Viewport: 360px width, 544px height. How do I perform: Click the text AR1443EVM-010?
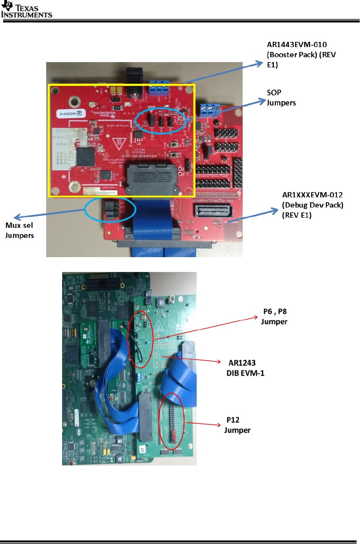[297, 45]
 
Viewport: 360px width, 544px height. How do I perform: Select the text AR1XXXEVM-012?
[312, 195]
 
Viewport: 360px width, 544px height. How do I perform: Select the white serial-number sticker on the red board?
[71, 114]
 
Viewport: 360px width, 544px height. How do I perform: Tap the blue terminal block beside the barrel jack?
[159, 88]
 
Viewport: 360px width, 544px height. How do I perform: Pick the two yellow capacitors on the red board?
[117, 90]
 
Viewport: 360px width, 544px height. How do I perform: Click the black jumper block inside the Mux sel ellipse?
[110, 210]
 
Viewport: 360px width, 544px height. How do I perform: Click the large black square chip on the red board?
[86, 156]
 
